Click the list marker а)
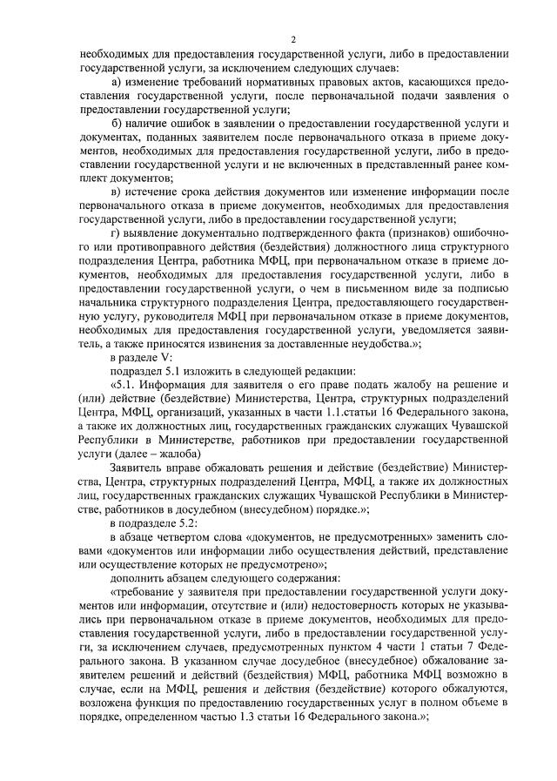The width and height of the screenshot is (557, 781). tap(117, 83)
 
